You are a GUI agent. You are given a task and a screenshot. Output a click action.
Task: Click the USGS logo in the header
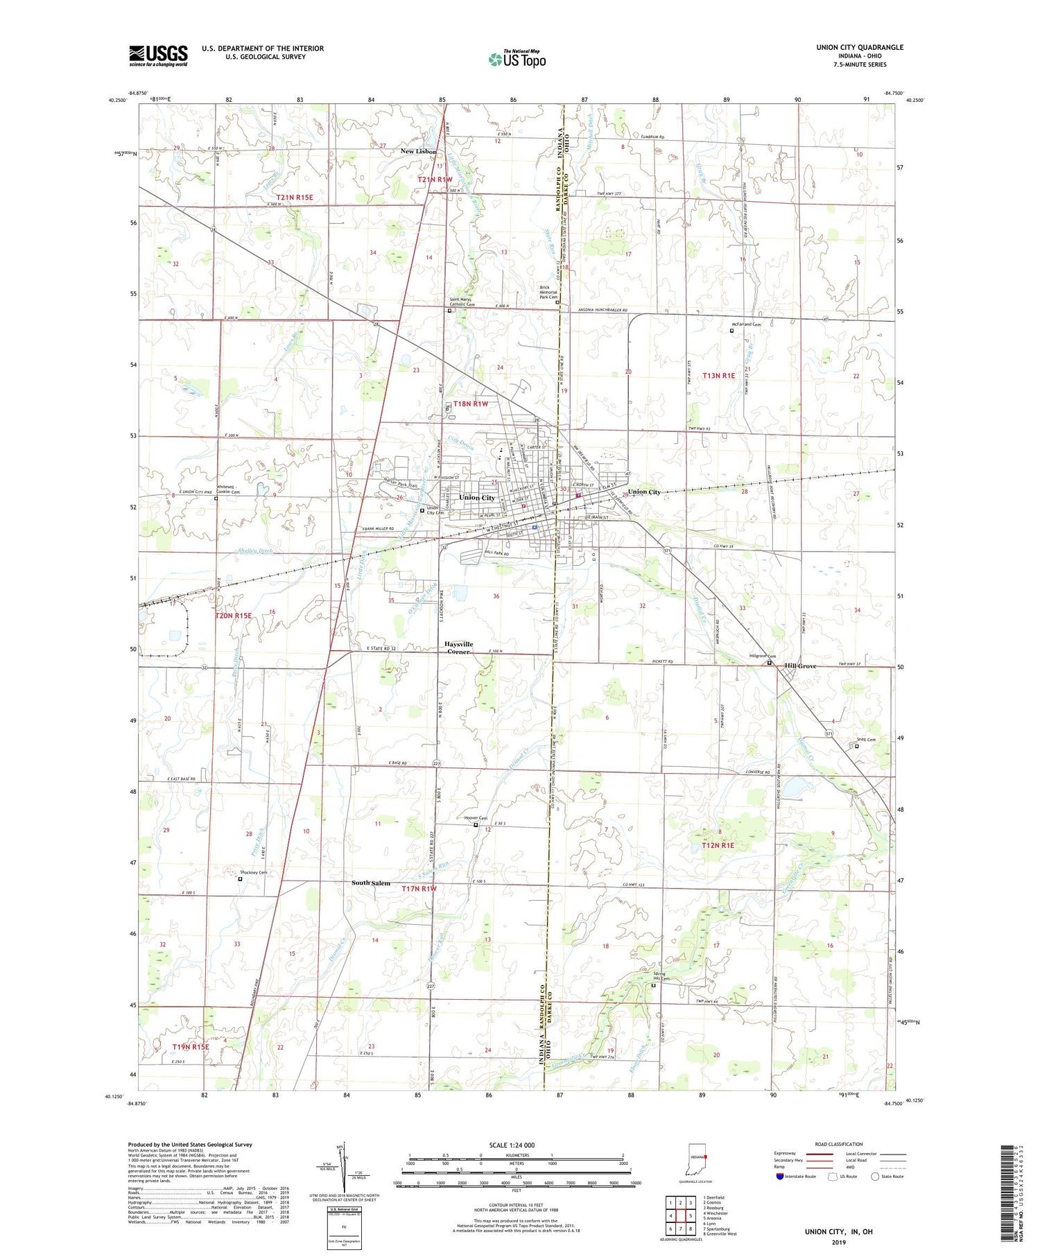pyautogui.click(x=158, y=55)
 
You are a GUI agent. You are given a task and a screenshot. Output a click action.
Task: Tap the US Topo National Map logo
pyautogui.click(x=517, y=59)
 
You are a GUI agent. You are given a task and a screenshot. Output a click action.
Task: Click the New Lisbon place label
pyautogui.click(x=418, y=151)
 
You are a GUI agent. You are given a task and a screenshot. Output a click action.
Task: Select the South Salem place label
pyautogui.click(x=371, y=883)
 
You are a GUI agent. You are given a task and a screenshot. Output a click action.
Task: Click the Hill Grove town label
pyautogui.click(x=801, y=666)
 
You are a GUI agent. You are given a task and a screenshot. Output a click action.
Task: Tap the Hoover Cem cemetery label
pyautogui.click(x=475, y=818)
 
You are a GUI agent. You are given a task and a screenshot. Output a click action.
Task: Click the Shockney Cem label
pyautogui.click(x=253, y=872)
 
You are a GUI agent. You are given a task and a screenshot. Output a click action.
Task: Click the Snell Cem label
pyautogui.click(x=866, y=740)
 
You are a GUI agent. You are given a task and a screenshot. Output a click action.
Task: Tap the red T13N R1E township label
pyautogui.click(x=718, y=375)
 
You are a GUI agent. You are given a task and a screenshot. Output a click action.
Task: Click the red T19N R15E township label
pyautogui.click(x=190, y=1046)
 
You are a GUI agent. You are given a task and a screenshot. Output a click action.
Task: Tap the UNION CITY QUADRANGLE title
pyautogui.click(x=860, y=47)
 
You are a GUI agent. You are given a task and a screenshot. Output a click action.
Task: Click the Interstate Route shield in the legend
pyautogui.click(x=780, y=1177)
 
